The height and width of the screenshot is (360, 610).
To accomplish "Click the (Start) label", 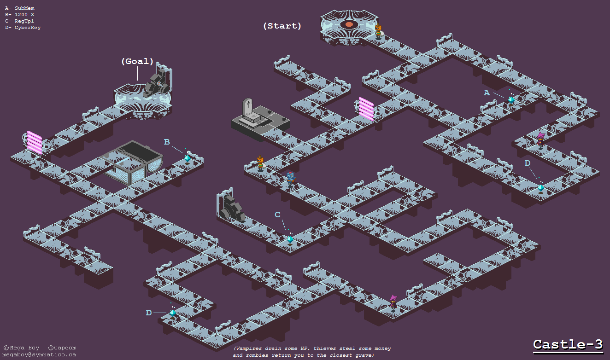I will [x=282, y=26].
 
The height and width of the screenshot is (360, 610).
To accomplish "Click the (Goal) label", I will [x=137, y=61].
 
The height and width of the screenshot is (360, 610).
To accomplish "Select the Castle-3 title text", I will [x=568, y=344].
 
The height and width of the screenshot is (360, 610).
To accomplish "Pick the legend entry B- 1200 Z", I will [x=20, y=15].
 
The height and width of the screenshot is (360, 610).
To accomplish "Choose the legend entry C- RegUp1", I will [x=20, y=21].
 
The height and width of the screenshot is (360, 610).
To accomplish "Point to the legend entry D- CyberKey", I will [x=23, y=28].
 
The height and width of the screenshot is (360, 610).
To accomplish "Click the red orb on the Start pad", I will [x=349, y=24].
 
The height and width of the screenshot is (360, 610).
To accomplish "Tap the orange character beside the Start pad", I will [x=378, y=31].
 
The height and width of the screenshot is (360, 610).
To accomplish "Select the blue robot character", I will [x=290, y=179].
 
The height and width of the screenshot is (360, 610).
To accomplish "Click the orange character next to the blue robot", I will [x=260, y=163].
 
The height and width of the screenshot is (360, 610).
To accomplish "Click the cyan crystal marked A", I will [x=511, y=99].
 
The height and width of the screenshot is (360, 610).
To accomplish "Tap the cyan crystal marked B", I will [x=188, y=157].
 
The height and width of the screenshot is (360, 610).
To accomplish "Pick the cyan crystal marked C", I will [x=290, y=239].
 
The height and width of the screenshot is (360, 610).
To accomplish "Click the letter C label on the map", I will [x=277, y=215].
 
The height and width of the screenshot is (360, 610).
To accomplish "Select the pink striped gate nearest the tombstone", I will [x=366, y=109].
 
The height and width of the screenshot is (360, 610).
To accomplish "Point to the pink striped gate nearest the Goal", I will [x=35, y=142].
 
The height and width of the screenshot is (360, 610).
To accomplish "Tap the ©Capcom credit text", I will [x=62, y=348].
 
